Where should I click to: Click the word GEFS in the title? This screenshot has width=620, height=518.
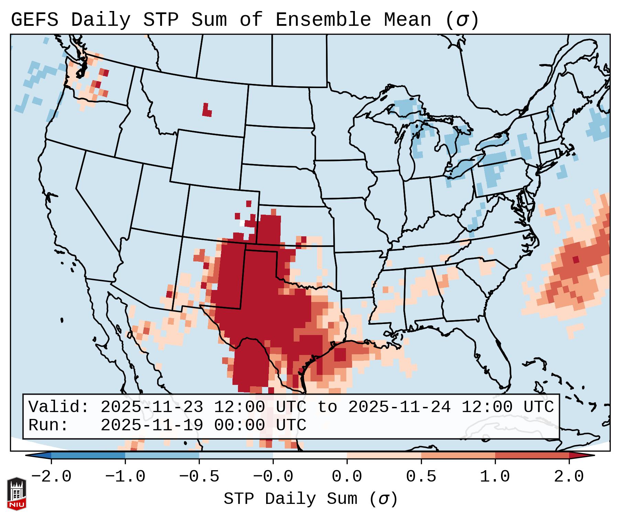[34, 20]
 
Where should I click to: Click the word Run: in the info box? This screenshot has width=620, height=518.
[48, 425]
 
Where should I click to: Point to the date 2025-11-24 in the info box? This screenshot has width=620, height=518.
[399, 407]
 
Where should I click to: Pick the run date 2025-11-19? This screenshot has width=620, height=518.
[152, 425]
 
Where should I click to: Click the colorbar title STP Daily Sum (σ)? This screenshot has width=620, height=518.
[311, 499]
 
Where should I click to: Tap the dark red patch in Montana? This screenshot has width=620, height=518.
[207, 111]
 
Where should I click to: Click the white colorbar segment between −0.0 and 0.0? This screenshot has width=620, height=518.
[310, 455]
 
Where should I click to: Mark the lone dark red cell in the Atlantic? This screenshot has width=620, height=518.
[576, 259]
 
